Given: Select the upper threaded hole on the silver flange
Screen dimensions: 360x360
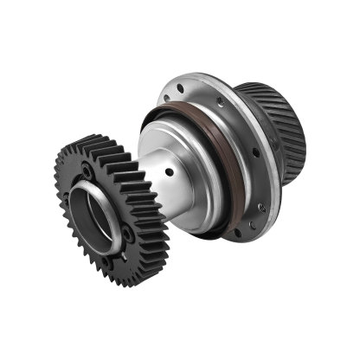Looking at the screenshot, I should [222, 101].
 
